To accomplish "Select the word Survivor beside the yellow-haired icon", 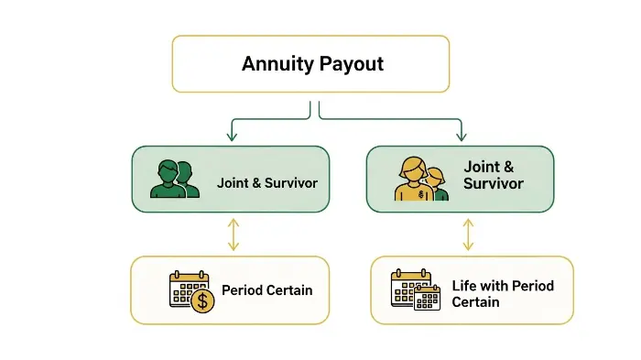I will [494, 184].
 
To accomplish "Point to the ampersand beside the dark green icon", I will [250, 183].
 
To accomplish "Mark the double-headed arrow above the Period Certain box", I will [234, 235].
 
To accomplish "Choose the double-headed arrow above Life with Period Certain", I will [469, 235].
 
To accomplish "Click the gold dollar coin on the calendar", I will [202, 301].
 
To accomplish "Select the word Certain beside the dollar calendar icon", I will [288, 290].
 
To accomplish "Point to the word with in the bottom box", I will [494, 286].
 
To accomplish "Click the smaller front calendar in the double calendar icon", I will [428, 298].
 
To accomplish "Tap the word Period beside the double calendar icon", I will [533, 286].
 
